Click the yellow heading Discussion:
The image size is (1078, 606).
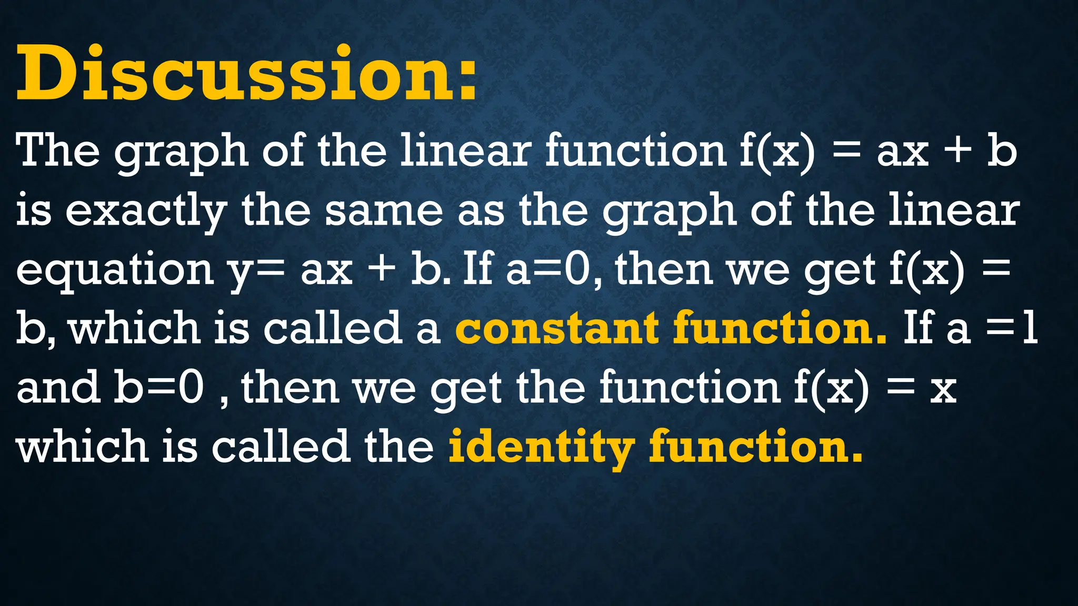pos(246,74)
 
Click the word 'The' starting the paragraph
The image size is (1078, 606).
pos(58,151)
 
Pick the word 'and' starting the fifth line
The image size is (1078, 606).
pos(58,387)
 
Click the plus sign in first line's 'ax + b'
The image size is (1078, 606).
pos(957,151)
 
